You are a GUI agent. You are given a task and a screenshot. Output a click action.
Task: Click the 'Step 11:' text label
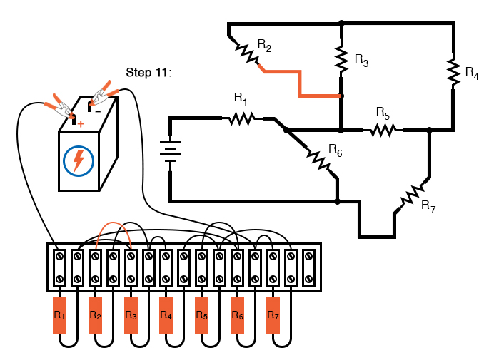tap(149, 72)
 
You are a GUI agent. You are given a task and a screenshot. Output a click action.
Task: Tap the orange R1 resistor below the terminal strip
tap(59, 315)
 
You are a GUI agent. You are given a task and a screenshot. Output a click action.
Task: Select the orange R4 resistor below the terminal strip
tap(166, 315)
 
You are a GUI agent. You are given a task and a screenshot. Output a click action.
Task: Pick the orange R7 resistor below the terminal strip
tap(273, 315)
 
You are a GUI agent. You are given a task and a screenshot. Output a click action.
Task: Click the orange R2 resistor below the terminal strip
tap(95, 315)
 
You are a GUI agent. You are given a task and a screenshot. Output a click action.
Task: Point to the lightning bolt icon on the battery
tap(79, 160)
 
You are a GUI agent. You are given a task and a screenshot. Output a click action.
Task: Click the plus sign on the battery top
tap(81, 124)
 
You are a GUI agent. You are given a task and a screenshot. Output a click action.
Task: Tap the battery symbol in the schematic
tap(170, 150)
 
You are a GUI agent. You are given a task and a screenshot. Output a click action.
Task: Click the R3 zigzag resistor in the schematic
tap(341, 58)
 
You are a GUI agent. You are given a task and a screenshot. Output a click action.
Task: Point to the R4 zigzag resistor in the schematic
tap(453, 71)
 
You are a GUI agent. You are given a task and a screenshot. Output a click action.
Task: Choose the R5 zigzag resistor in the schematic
tap(383, 130)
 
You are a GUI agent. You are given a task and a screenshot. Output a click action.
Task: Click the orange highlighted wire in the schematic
tap(300, 83)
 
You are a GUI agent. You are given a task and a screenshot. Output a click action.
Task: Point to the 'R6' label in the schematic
tap(336, 148)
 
